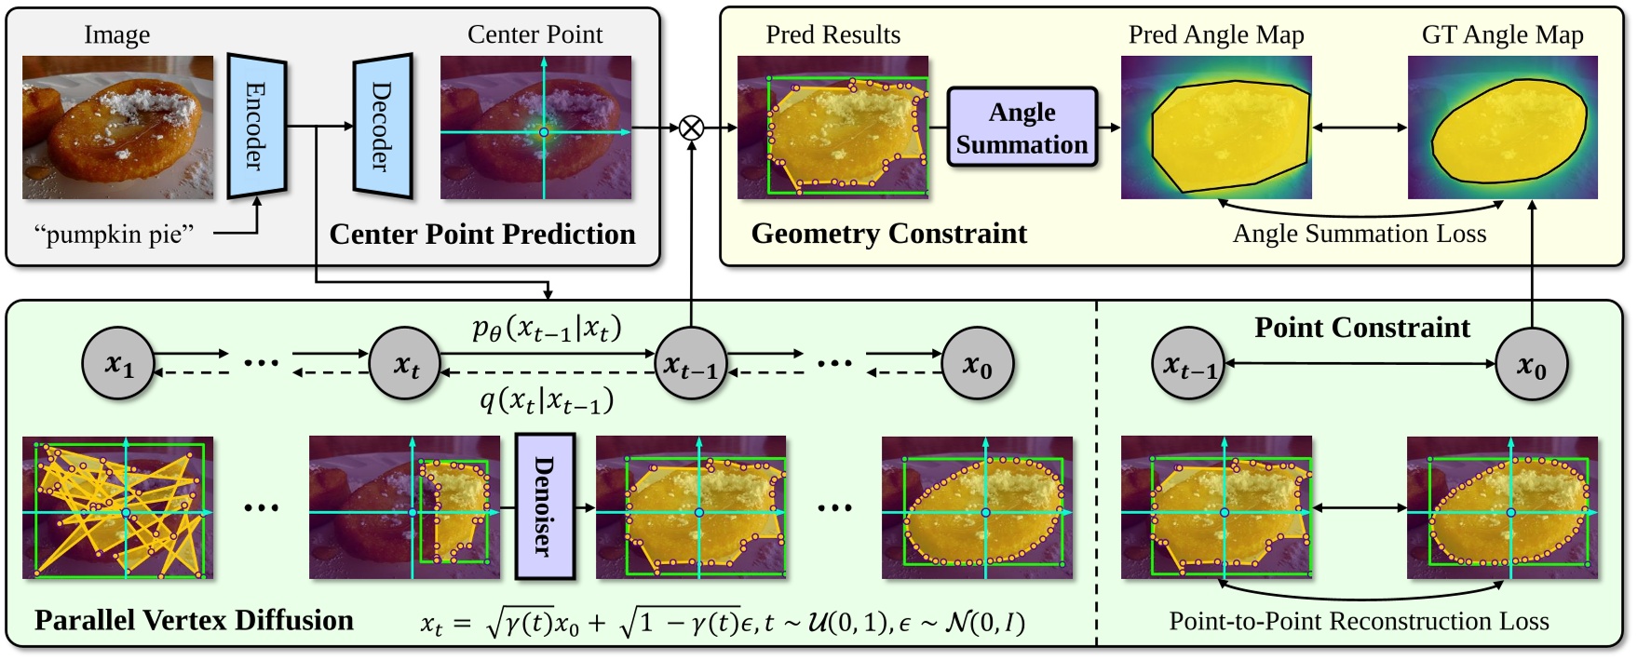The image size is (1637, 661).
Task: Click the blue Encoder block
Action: coord(256,127)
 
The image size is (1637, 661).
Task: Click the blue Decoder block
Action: coord(382,127)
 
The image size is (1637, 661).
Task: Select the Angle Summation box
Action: coord(1021,128)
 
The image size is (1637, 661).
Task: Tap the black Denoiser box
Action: coord(545,506)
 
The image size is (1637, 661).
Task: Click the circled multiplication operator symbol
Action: coord(691,128)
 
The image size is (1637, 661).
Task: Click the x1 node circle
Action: coord(119,364)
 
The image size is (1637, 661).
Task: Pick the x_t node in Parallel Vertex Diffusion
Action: coord(405,364)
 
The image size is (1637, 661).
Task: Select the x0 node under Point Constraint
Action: coord(1532,364)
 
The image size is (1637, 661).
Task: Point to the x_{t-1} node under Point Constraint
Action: coord(1189,364)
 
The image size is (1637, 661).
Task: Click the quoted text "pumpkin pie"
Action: coord(114,234)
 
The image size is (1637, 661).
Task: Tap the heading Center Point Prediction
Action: coord(482,234)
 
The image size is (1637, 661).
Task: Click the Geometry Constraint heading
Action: coord(888,234)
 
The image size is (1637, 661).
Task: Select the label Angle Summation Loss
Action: coord(1359,234)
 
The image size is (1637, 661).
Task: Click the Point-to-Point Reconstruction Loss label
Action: coord(1359,621)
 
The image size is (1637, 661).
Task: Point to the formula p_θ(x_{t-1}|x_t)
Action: coord(547,329)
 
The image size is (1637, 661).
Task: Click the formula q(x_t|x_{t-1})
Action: coord(547,401)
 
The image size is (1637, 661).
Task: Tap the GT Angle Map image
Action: coord(1502,128)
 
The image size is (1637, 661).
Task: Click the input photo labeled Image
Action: coord(117,128)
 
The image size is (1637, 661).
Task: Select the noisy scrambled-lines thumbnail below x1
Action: coord(117,507)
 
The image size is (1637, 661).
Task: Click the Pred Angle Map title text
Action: coord(1215,35)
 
